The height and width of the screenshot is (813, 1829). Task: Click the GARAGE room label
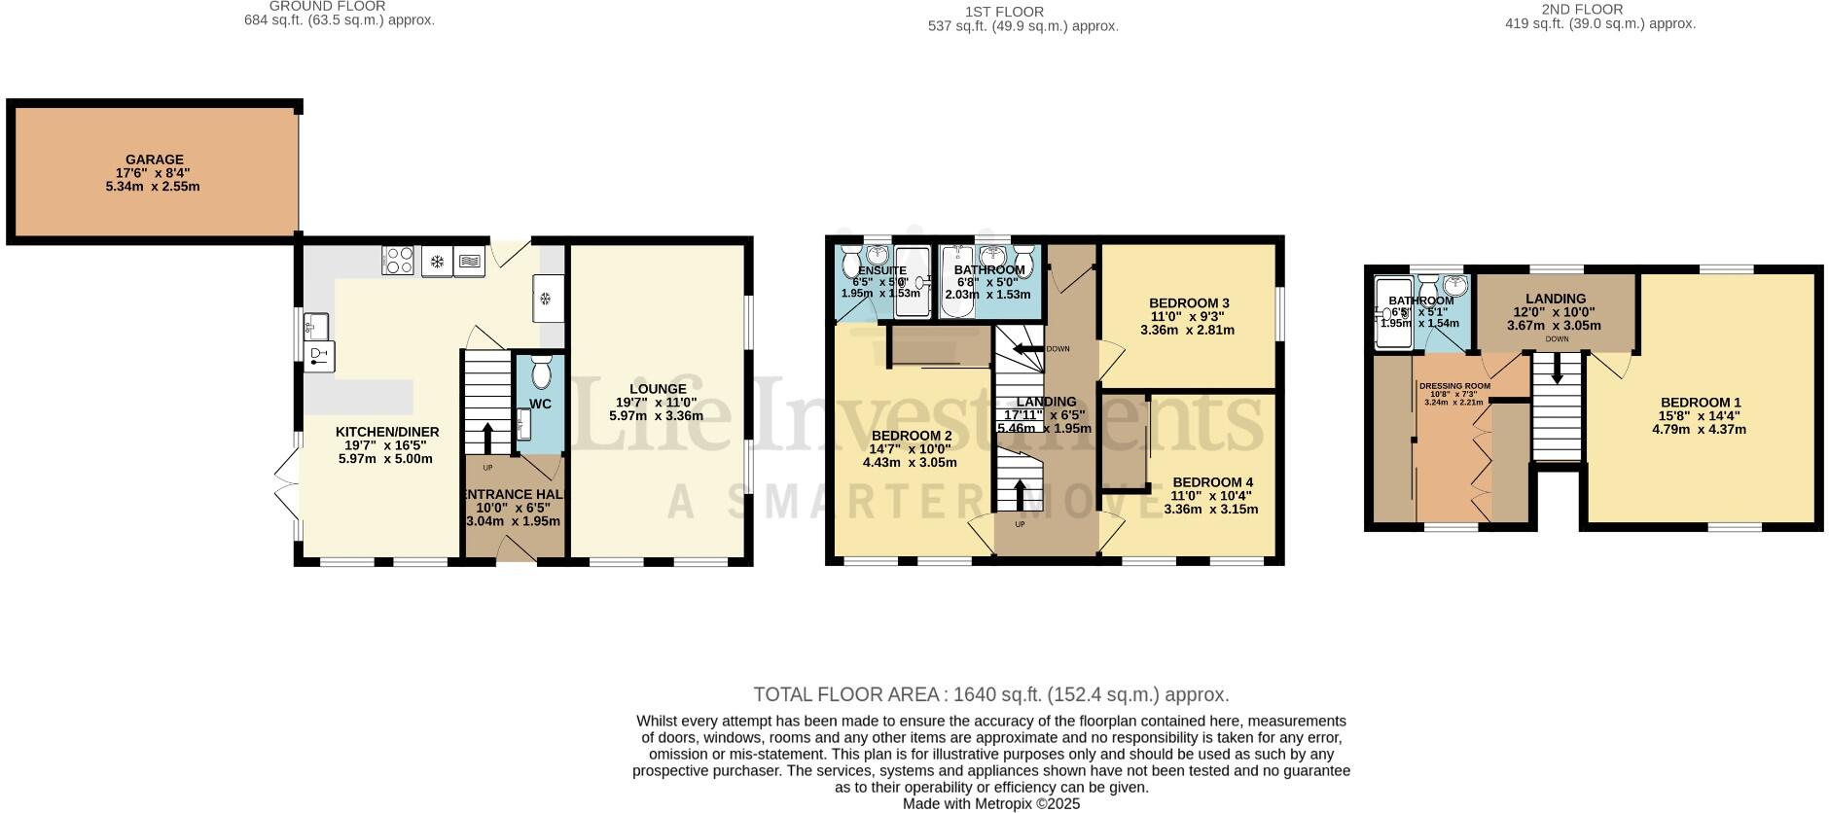click(154, 160)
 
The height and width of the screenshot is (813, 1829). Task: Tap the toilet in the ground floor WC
click(541, 373)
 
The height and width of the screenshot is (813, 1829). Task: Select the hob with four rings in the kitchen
click(399, 261)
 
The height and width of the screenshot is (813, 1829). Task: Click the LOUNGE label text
click(657, 389)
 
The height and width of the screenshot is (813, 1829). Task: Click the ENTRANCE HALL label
click(514, 494)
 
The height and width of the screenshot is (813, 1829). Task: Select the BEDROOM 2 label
click(911, 436)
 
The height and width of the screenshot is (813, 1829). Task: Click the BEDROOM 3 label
click(1189, 302)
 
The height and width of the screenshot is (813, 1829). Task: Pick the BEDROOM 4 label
click(1212, 482)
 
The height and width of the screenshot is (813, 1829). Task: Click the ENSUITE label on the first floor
click(880, 270)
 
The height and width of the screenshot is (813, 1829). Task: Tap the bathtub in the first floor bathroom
click(957, 282)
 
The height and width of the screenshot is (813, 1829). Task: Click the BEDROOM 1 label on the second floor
click(1700, 403)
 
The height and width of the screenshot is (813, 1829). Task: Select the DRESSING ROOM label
click(1453, 386)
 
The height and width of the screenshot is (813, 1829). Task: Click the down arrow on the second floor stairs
click(1557, 368)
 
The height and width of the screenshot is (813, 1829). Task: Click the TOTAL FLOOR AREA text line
click(990, 694)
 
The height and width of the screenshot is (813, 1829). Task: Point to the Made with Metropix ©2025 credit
click(990, 804)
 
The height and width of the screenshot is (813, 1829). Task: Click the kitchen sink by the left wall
click(317, 325)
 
